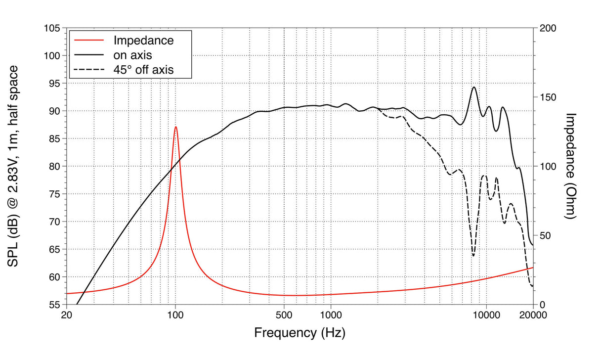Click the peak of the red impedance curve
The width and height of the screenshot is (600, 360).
point(175,127)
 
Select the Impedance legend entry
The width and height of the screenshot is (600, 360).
point(143,41)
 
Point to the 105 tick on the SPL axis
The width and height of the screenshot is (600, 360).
point(51,29)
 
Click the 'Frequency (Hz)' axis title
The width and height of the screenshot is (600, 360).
point(300,332)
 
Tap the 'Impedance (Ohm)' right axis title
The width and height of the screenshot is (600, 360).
point(571,166)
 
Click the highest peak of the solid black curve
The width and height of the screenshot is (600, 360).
point(473,87)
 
